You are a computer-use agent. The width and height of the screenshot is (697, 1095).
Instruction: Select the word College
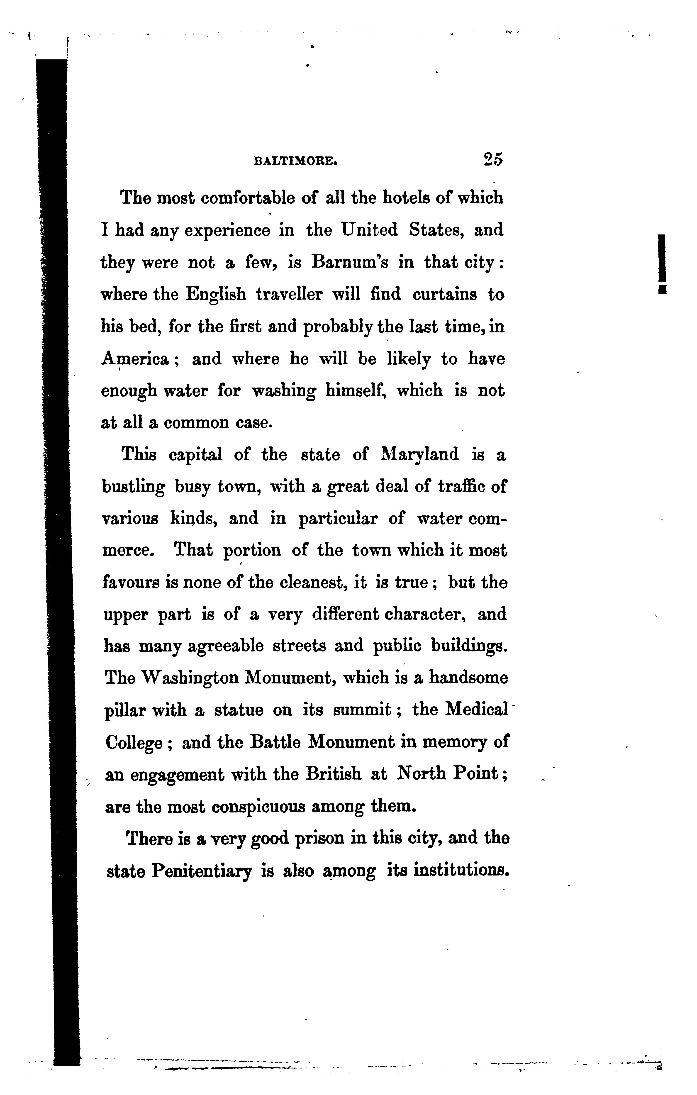coord(134,743)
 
